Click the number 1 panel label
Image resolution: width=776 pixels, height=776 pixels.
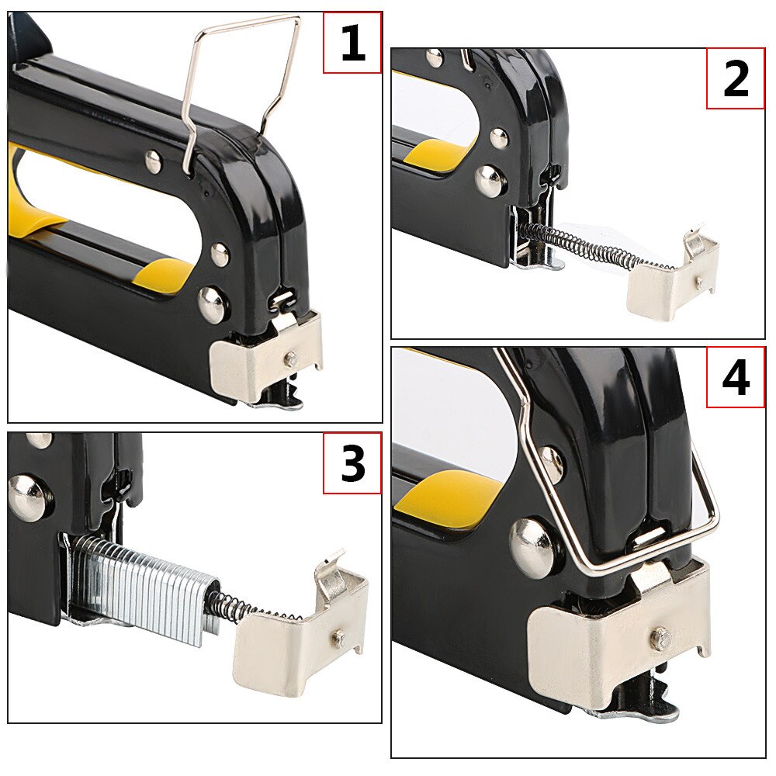353,43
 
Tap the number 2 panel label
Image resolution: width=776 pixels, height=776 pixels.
736,78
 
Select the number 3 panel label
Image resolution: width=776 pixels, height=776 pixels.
353,463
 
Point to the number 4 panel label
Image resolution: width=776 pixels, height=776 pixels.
736,378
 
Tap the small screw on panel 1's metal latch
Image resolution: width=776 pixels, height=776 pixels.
292,356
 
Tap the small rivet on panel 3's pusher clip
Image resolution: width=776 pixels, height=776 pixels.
339,636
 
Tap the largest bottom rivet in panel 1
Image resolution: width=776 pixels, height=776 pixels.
213,303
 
